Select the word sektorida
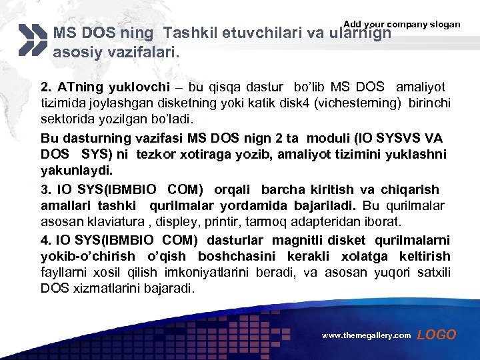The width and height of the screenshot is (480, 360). tap(69, 119)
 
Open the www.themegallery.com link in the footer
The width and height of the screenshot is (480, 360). tap(367, 336)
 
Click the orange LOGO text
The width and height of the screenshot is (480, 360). tap(437, 335)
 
